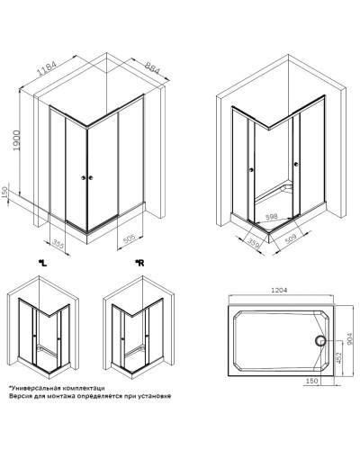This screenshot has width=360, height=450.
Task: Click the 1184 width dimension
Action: (x=47, y=68)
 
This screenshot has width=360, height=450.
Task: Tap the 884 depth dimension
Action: (x=153, y=68)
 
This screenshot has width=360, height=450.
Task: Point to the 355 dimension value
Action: (x=58, y=243)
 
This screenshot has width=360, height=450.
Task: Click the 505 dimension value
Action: (x=130, y=239)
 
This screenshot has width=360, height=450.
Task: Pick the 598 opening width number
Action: (x=272, y=216)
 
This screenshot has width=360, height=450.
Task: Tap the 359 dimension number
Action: (x=253, y=243)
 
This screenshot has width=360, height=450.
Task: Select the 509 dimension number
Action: (x=290, y=239)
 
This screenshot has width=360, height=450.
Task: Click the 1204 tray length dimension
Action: (x=279, y=290)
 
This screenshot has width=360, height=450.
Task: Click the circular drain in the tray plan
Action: (x=320, y=341)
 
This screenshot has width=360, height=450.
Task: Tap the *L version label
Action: (x=42, y=264)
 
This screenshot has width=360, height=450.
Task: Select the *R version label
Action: (x=139, y=263)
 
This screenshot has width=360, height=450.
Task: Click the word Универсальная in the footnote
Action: (x=31, y=388)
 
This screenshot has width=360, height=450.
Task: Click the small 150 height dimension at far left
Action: (x=4, y=193)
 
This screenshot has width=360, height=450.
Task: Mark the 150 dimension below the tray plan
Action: (x=311, y=381)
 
